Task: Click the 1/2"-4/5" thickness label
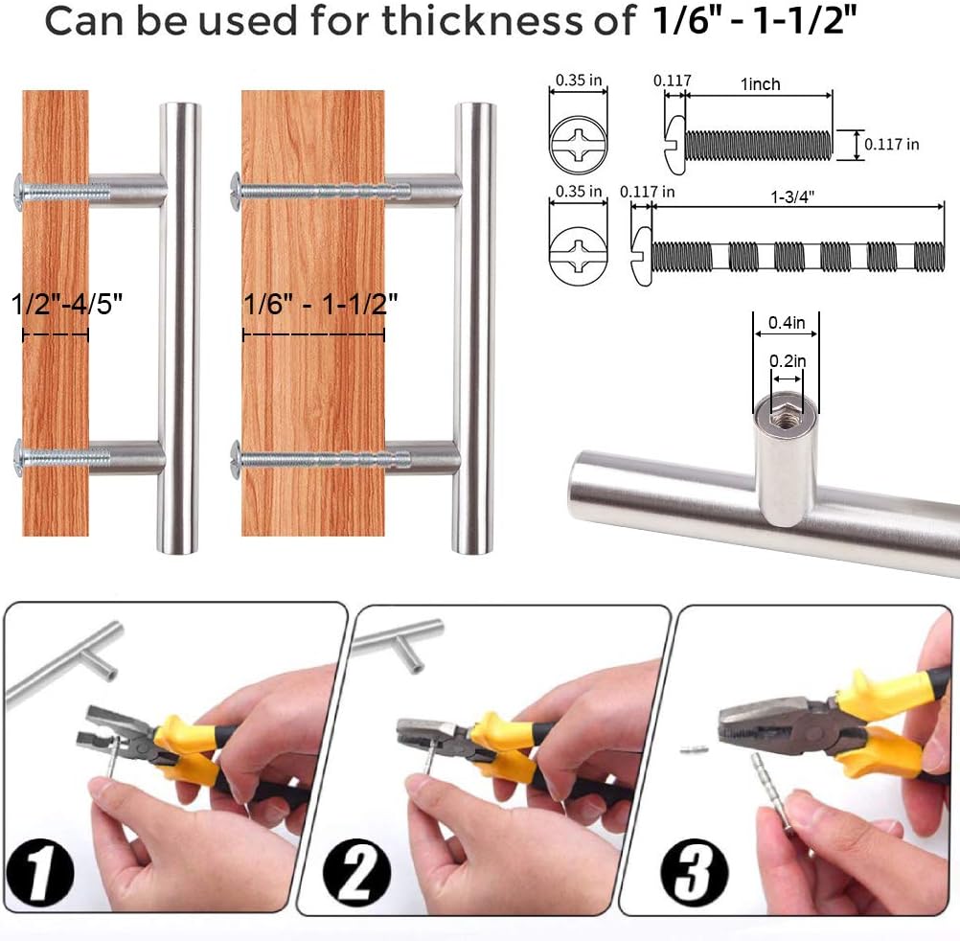pos(67,304)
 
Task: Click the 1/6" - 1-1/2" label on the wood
pos(320,304)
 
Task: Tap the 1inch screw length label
pos(761,84)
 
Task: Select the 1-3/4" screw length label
pos(792,196)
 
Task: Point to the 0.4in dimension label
pos(787,323)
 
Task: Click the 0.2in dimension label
pos(788,361)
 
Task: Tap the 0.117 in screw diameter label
pos(891,145)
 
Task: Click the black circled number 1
pos(40,873)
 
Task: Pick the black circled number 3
pos(695,873)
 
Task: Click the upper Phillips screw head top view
pos(579,144)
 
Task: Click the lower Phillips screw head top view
pos(579,256)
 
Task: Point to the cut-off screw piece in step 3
pos(695,748)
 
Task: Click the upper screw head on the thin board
pos(18,191)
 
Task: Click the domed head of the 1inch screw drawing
pos(674,145)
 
